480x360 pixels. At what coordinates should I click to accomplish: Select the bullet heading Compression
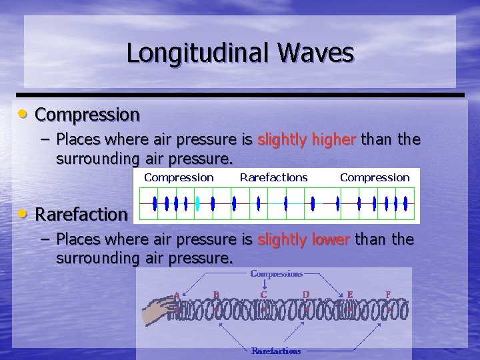(x=87, y=115)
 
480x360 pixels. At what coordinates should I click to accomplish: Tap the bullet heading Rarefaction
(x=81, y=215)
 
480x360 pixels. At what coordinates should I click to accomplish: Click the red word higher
(x=307, y=139)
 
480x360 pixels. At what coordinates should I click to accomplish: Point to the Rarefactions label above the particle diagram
(x=273, y=177)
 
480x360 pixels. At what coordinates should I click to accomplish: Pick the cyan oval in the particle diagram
(x=197, y=203)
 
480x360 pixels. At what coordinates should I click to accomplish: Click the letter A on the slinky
(x=177, y=295)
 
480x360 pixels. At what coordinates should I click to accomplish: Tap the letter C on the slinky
(x=264, y=294)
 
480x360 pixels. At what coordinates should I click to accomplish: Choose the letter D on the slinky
(x=305, y=294)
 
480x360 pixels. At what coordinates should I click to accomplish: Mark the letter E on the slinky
(x=350, y=294)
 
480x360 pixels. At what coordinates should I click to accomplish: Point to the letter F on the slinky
(x=388, y=294)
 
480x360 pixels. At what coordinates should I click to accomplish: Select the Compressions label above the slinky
(x=276, y=273)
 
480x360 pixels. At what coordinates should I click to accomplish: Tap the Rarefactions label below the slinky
(x=276, y=351)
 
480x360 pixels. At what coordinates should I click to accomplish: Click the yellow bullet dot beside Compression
(x=23, y=114)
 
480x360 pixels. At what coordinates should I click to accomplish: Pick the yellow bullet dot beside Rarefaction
(x=23, y=214)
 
